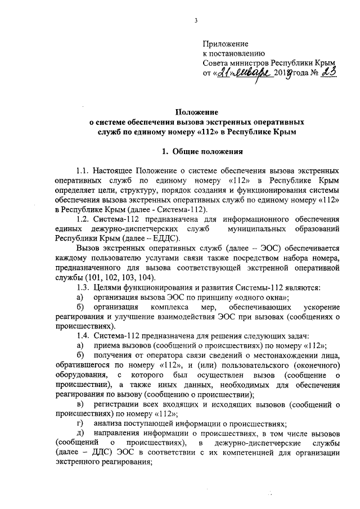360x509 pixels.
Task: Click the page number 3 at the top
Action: click(196, 20)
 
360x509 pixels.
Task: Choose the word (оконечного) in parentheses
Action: click(313, 365)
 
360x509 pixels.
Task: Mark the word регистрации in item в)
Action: click(119, 404)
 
